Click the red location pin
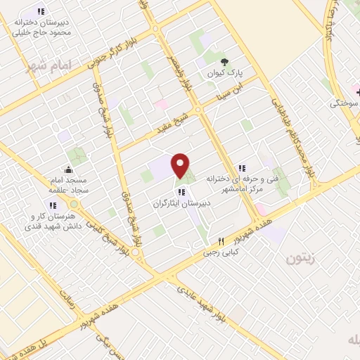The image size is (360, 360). coord(181,165)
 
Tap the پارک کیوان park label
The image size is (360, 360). coord(225,72)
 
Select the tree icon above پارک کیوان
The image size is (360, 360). coord(225,61)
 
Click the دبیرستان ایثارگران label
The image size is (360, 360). coord(181,202)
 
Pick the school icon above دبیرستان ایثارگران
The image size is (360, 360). coord(181,191)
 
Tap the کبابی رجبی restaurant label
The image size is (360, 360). coord(221,252)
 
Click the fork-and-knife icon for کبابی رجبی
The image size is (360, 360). coord(221,241)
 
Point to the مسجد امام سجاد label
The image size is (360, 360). coord(67,184)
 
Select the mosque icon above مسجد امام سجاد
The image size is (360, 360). coord(68,169)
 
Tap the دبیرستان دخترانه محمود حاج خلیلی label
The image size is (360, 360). coord(40,27)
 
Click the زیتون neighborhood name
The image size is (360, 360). coord(302,259)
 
